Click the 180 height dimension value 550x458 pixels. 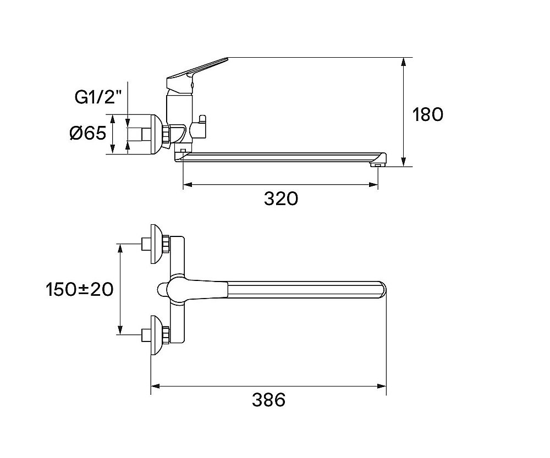tap(427, 114)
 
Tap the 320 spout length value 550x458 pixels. tap(281, 198)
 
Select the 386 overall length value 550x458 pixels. tap(269, 399)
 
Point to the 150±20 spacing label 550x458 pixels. tap(80, 289)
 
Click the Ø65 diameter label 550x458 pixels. tap(87, 133)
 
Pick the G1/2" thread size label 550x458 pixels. tap(95, 97)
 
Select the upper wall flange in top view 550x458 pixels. tap(157, 244)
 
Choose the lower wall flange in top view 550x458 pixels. tap(157, 335)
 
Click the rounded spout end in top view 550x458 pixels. tap(382, 290)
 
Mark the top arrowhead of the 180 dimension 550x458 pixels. tap(404, 62)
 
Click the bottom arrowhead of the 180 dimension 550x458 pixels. tap(404, 162)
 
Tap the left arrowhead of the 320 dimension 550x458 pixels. tap(188, 185)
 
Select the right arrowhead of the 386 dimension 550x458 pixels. tap(382, 386)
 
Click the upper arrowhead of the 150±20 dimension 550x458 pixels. tap(120, 249)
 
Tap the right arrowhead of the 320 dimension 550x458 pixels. tap(373, 185)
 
